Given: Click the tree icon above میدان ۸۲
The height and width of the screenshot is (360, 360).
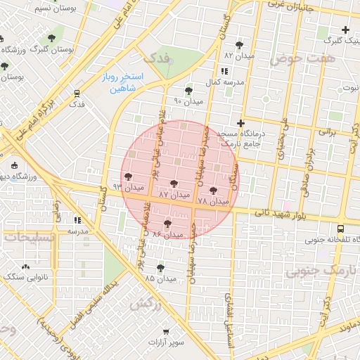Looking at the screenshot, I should [240, 44].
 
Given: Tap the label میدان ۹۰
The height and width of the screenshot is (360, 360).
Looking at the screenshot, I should [188, 101].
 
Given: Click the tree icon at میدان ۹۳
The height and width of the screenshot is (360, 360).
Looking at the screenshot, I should [127, 177].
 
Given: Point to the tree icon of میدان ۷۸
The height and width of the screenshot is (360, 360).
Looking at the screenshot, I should [214, 191].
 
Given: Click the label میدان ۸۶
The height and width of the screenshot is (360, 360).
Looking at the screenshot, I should [167, 233].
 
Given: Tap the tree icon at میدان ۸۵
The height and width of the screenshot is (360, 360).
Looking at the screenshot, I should [161, 268].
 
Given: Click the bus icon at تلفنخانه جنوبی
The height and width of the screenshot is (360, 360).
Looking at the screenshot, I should [341, 229].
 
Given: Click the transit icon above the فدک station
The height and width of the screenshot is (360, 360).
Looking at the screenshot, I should [76, 92].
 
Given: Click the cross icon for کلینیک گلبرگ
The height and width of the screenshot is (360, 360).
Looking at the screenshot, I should [345, 30].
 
